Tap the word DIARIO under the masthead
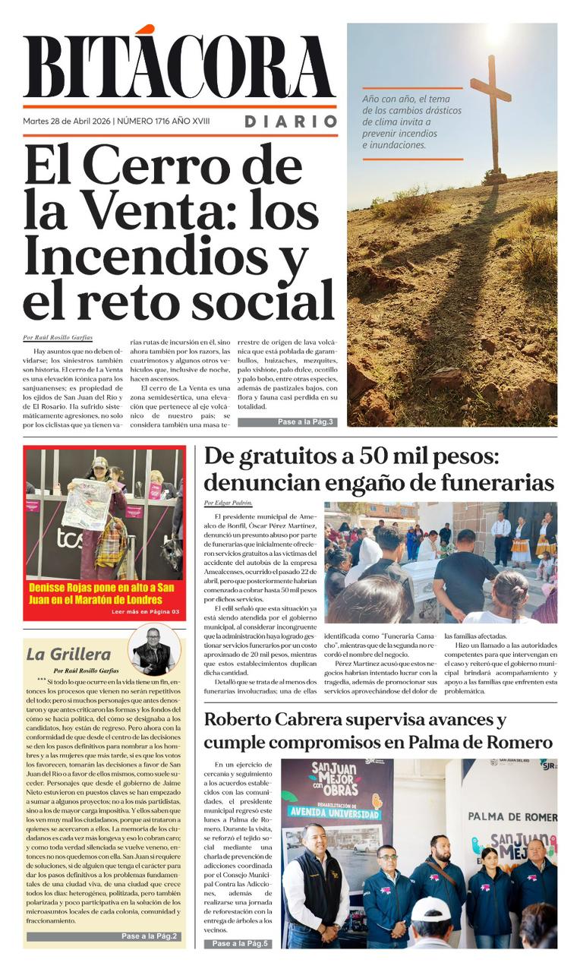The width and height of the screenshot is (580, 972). click(291, 121)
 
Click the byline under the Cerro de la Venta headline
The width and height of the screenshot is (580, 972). click(58, 337)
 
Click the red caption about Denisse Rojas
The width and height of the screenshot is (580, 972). click(102, 593)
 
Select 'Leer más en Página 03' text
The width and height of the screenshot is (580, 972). click(144, 611)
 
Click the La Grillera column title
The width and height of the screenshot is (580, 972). click(68, 654)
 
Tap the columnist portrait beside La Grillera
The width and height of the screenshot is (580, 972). click(154, 649)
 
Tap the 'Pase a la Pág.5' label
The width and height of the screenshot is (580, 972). click(238, 944)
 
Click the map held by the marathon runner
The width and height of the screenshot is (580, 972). click(87, 503)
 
